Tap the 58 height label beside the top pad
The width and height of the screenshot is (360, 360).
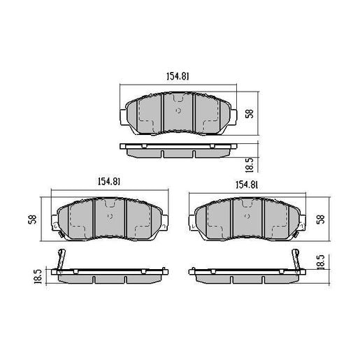pos(250,113)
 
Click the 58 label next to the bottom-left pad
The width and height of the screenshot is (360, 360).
pos(31,219)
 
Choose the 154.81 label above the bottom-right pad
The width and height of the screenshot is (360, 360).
pos(250,185)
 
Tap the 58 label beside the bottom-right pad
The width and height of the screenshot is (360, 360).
pos(321,219)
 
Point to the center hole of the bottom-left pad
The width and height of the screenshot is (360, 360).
pos(109,216)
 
